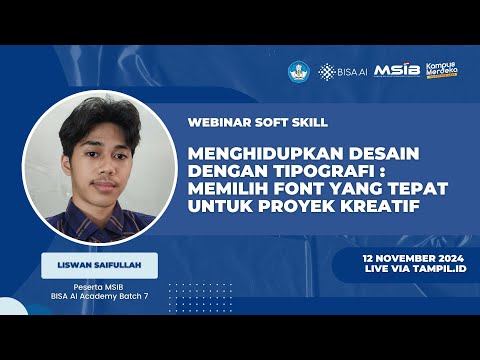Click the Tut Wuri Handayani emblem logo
(299, 71)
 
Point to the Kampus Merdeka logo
(442, 69)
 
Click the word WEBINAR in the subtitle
(214, 123)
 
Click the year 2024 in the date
(440, 257)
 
